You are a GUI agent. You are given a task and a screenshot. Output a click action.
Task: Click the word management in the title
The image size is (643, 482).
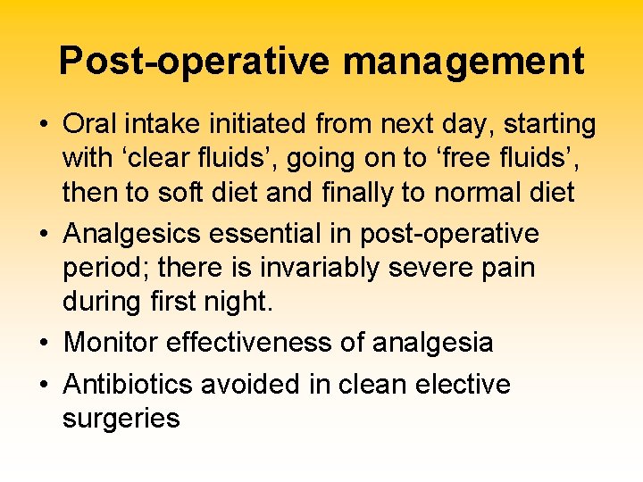click(463, 62)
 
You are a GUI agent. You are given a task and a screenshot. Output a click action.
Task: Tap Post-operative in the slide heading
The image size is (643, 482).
click(196, 62)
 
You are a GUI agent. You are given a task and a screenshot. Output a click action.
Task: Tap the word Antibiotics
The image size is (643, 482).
click(129, 385)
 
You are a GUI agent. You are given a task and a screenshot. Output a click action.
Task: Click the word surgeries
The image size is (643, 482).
click(121, 419)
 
